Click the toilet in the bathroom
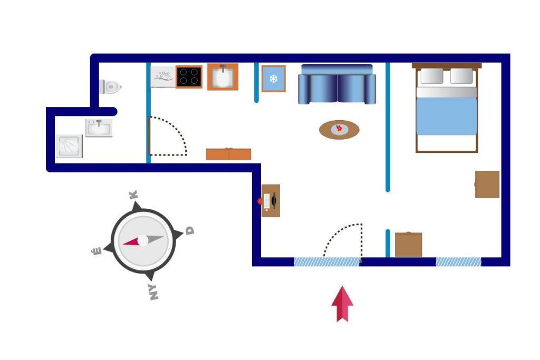pyautogui.click(x=110, y=87)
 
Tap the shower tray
pyautogui.click(x=69, y=147)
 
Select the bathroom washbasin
pyautogui.click(x=99, y=128)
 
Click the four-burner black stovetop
pyautogui.click(x=189, y=77)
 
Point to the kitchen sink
pyautogui.click(x=223, y=77)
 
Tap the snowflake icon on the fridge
pyautogui.click(x=274, y=79)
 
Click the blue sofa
pyautogui.click(x=337, y=84)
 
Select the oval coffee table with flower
pyautogui.click(x=339, y=130)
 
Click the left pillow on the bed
pyautogui.click(x=432, y=76)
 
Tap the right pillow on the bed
pyautogui.click(x=461, y=76)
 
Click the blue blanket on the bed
pyautogui.click(x=447, y=116)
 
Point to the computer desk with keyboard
pyautogui.click(x=271, y=201)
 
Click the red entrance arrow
pyautogui.click(x=342, y=304)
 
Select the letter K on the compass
pyautogui.click(x=133, y=195)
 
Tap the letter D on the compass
pyautogui.click(x=190, y=230)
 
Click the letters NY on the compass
pyautogui.click(x=152, y=292)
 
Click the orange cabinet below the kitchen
pyautogui.click(x=228, y=154)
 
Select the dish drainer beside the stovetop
pyautogui.click(x=163, y=77)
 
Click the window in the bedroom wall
pyautogui.click(x=458, y=262)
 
